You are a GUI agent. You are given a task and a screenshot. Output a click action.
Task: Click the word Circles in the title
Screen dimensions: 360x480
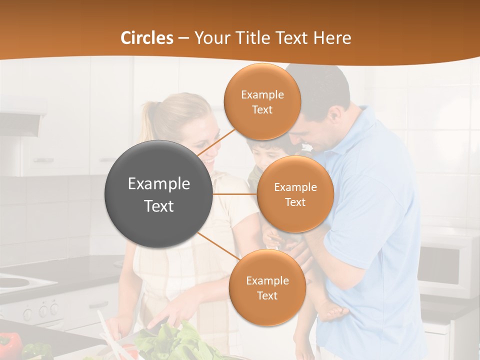click(147, 38)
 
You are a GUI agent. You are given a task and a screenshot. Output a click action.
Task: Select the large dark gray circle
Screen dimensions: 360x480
click(158, 194)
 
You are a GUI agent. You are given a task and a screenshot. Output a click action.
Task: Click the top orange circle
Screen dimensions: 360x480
click(262, 101)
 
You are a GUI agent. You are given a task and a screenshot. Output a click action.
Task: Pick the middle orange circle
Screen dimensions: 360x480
click(295, 194)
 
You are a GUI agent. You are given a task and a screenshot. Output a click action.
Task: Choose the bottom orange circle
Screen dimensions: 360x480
click(267, 287)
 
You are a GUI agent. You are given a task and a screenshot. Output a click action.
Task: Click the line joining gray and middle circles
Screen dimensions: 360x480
click(234, 194)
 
